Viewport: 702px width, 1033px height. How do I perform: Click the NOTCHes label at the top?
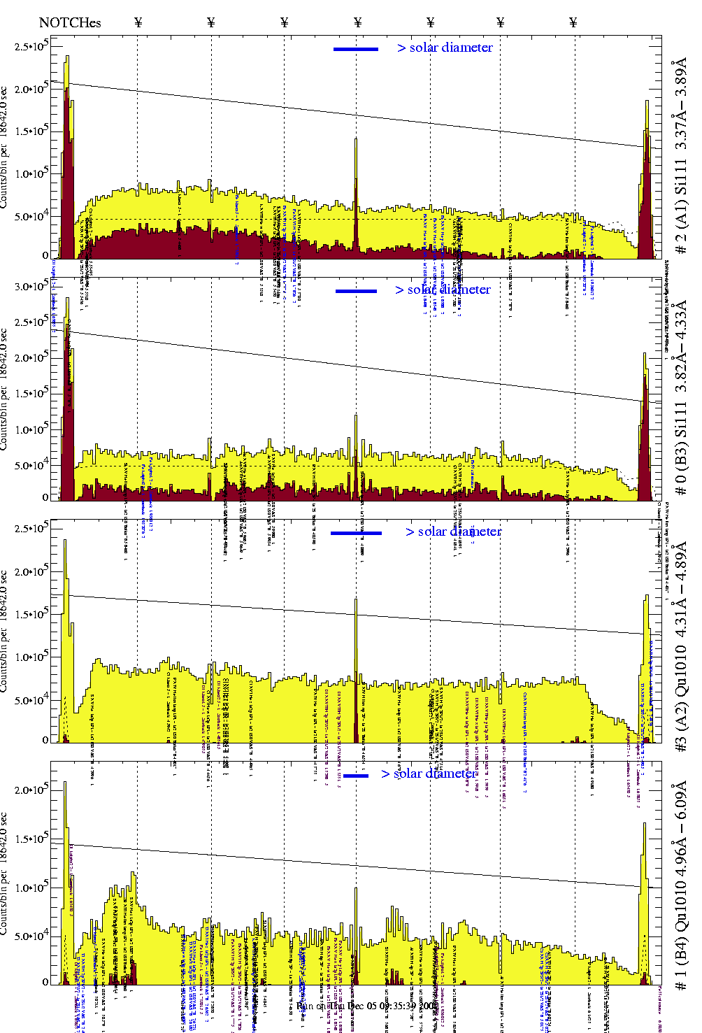tap(70, 22)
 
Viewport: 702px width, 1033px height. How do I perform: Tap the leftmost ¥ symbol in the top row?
tap(138, 22)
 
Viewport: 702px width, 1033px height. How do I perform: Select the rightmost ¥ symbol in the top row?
tap(573, 22)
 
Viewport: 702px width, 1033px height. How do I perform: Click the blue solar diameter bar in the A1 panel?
tap(356, 49)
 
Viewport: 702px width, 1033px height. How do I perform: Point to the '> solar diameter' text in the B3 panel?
tap(443, 290)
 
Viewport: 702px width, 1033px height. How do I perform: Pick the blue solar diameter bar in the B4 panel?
tap(356, 775)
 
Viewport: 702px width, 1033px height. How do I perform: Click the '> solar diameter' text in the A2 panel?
tap(453, 532)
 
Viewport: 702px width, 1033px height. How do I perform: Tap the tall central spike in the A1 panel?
tap(356, 189)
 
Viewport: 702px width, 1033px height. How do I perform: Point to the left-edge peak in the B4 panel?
tap(65, 839)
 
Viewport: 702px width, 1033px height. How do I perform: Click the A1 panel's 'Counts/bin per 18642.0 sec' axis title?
tap(5, 147)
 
